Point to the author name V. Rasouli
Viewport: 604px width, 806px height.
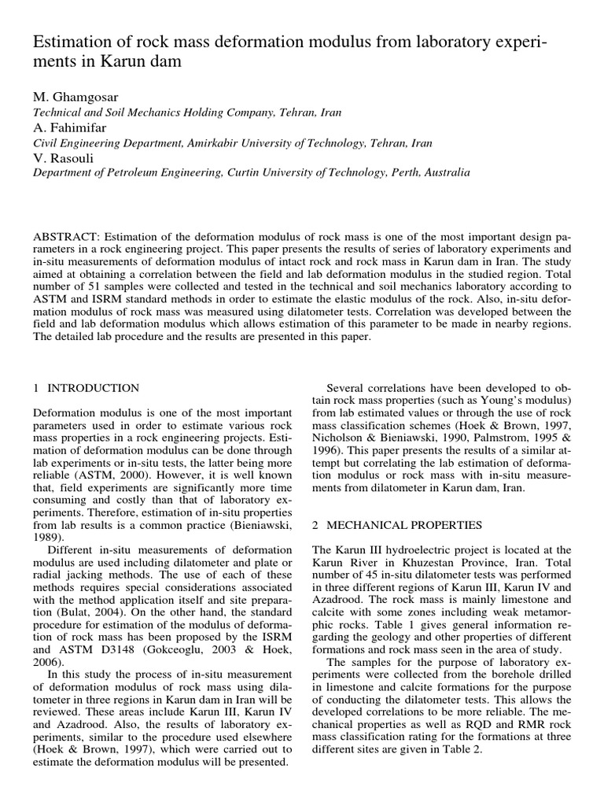tap(60, 157)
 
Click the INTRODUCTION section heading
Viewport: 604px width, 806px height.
tap(95, 388)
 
